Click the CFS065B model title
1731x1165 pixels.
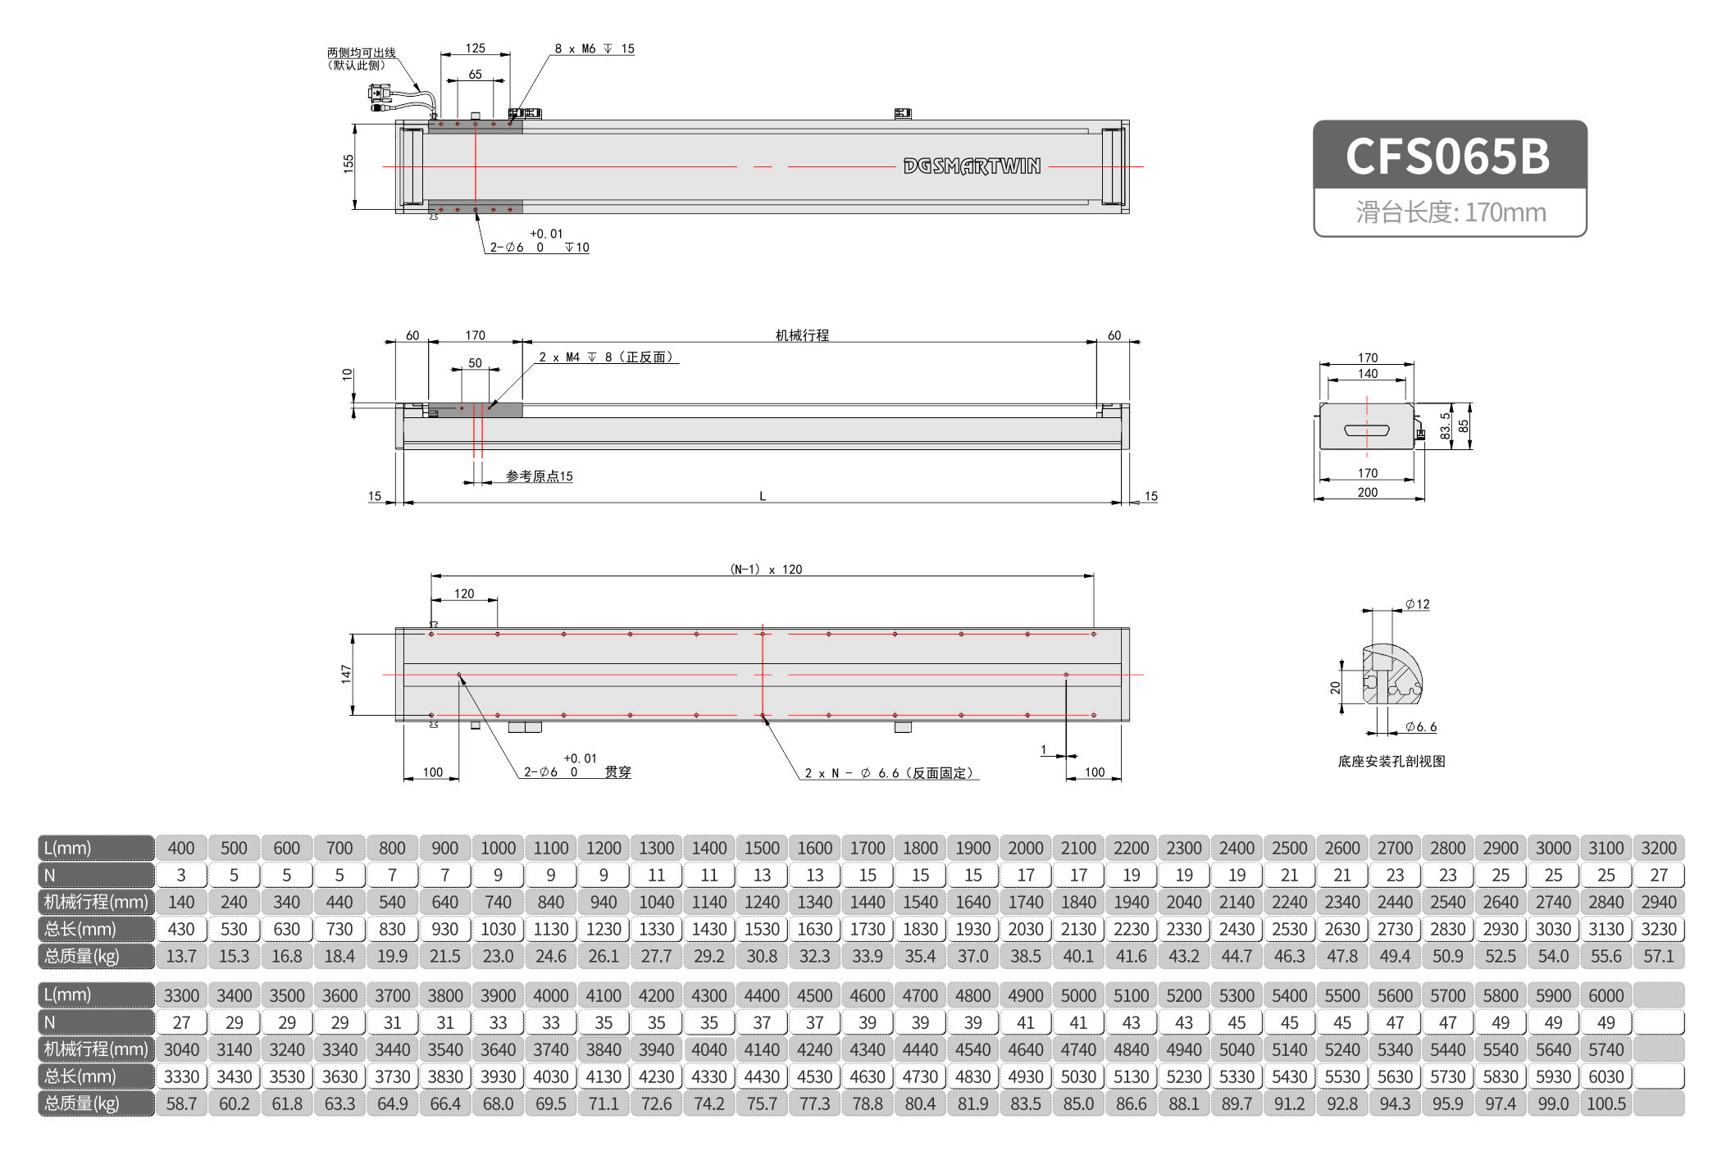[1448, 157]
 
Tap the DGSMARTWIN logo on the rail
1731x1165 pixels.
[972, 166]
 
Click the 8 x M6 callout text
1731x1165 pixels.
[594, 49]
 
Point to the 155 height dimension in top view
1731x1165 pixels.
[348, 163]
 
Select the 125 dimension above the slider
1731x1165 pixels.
[476, 48]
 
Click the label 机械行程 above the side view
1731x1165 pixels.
[802, 335]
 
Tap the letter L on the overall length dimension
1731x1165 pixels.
[763, 496]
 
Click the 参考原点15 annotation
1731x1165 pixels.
[539, 476]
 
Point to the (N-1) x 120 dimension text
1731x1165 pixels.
[766, 569]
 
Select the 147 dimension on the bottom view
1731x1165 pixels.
[346, 674]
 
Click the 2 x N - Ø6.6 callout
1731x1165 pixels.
[888, 773]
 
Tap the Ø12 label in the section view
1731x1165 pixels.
[1417, 604]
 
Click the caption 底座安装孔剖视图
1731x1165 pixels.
[1392, 762]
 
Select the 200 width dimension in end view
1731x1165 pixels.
[1367, 492]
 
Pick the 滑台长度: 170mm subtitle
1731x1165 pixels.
[1450, 212]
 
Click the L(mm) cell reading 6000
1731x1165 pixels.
[1606, 995]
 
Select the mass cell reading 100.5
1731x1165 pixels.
[1606, 1104]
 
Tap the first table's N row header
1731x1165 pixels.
[96, 875]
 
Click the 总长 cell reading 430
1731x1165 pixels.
[181, 929]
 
